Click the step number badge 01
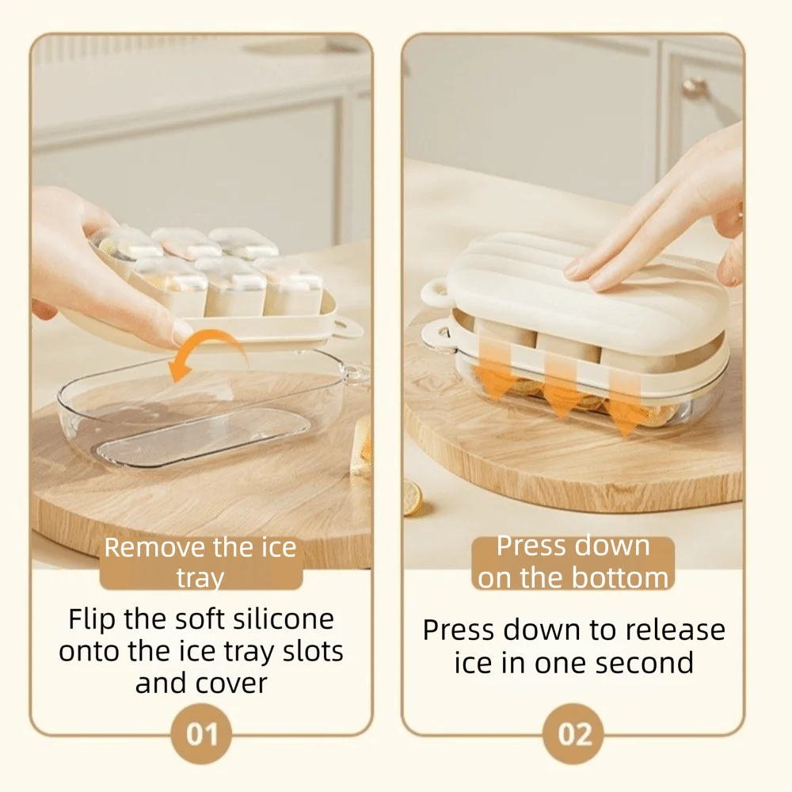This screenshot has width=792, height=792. (201, 734)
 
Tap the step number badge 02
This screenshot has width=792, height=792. (574, 734)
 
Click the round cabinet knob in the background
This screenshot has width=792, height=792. (695, 88)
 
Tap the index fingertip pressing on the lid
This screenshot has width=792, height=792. (574, 268)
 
